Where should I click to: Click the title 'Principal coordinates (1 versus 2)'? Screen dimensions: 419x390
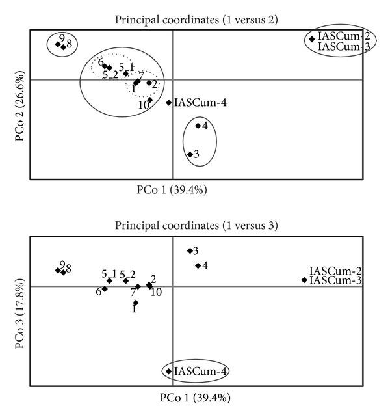(x=196, y=20)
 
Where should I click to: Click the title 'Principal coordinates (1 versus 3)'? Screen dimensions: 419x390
(x=196, y=226)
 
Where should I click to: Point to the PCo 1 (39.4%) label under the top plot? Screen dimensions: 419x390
(x=172, y=190)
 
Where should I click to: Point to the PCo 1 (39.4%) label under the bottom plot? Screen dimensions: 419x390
(x=195, y=396)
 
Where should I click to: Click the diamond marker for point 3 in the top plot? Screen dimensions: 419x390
(x=190, y=154)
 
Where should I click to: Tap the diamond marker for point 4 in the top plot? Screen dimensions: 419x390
(x=198, y=126)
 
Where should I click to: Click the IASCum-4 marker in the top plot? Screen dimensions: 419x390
(x=169, y=102)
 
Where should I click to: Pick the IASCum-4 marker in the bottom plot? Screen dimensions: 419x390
(x=169, y=372)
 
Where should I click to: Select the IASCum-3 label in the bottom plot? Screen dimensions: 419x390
(x=335, y=280)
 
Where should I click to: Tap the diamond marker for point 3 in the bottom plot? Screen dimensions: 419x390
(x=190, y=250)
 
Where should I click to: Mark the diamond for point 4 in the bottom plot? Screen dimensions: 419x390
(x=198, y=265)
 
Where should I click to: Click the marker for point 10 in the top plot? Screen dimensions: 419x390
(x=149, y=100)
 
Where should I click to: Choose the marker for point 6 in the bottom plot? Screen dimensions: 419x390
(x=105, y=289)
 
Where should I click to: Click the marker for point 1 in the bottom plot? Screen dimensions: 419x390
(x=135, y=303)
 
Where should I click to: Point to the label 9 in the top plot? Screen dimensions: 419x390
(x=61, y=38)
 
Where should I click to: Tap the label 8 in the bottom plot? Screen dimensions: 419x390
(x=68, y=268)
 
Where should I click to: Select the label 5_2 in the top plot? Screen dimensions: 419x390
(x=110, y=75)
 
